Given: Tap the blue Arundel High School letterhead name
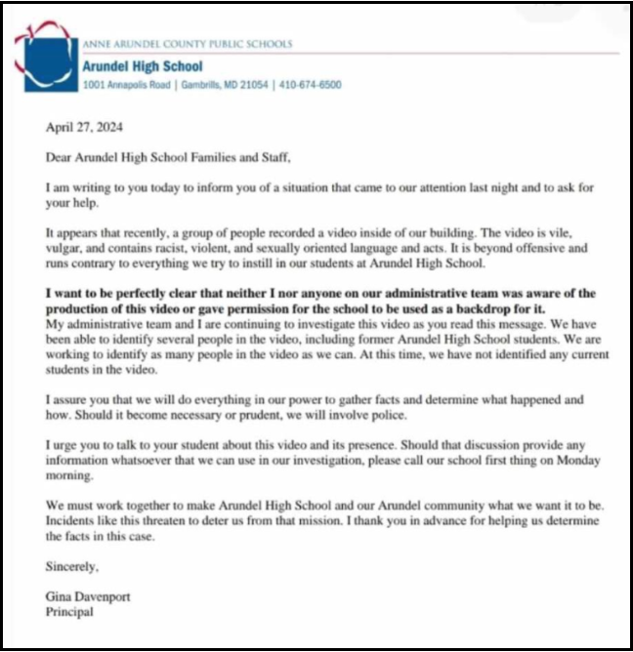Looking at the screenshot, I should [143, 66].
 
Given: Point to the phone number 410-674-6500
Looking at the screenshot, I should [310, 85].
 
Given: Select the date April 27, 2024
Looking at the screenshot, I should [85, 126].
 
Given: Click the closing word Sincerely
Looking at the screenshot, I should [72, 565].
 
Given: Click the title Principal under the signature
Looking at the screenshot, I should [70, 612].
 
